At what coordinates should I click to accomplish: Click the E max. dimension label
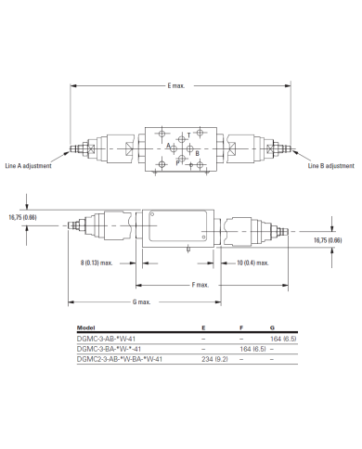pyautogui.click(x=176, y=85)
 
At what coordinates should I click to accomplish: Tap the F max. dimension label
pyautogui.click(x=200, y=285)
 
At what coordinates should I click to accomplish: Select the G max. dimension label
pyautogui.click(x=141, y=301)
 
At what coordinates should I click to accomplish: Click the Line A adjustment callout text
pyautogui.click(x=28, y=166)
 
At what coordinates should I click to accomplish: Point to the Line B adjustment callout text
pyautogui.click(x=330, y=166)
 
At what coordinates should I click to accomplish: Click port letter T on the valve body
pyautogui.click(x=188, y=135)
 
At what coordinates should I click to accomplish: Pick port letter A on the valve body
pyautogui.click(x=168, y=146)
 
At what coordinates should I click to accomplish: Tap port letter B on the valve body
pyautogui.click(x=197, y=153)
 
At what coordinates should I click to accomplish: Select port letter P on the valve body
pyautogui.click(x=177, y=162)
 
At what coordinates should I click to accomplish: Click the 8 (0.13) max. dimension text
pyautogui.click(x=97, y=263)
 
